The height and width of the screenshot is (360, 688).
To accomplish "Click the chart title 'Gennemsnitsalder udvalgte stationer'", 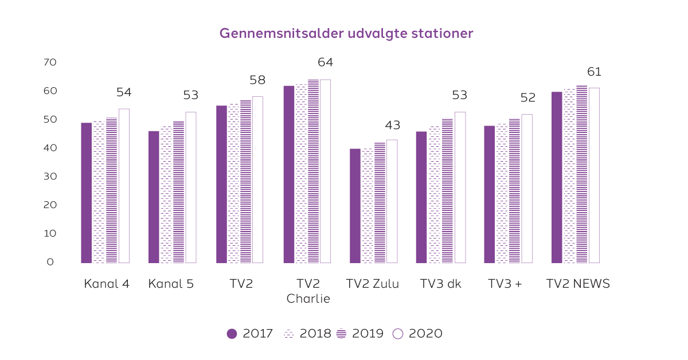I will point(346,33).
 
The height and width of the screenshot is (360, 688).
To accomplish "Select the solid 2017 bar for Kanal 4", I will point(86,193).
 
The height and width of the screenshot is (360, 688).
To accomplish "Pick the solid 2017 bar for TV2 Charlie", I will point(288,174).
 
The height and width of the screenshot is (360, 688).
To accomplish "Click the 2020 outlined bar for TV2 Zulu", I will point(392,201).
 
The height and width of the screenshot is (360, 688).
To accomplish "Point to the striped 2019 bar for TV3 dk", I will point(447,191).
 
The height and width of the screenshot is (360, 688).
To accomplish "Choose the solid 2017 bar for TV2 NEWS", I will point(557,177).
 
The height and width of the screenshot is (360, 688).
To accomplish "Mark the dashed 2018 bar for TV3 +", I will point(502,193).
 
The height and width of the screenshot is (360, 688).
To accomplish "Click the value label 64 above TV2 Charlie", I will point(325,62).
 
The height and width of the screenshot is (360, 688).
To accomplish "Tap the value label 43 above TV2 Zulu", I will point(393,126).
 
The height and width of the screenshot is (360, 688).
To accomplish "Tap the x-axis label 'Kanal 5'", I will point(171,284).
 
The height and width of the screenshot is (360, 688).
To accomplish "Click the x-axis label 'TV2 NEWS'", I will point(578,284).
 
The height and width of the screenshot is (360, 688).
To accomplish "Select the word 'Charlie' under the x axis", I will point(308,299).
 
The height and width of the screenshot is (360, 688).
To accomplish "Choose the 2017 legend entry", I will point(250,334).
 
